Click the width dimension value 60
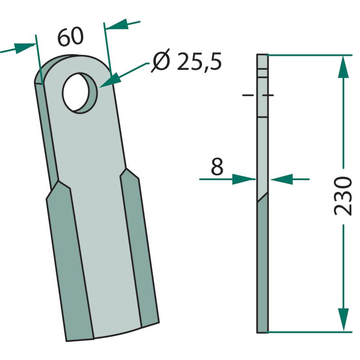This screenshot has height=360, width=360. click(x=70, y=37)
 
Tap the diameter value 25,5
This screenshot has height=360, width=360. click(x=199, y=61)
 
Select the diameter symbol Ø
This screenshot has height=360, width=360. click(x=161, y=61)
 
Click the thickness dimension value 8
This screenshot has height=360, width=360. click(x=217, y=166)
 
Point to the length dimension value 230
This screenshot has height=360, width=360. click(x=342, y=196)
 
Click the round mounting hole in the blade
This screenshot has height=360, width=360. click(x=80, y=93)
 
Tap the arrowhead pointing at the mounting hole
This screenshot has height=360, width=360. click(x=110, y=81)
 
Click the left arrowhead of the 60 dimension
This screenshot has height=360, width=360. click(x=25, y=48)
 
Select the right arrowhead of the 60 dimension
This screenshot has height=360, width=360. click(x=117, y=24)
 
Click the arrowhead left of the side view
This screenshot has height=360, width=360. click(x=244, y=179)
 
